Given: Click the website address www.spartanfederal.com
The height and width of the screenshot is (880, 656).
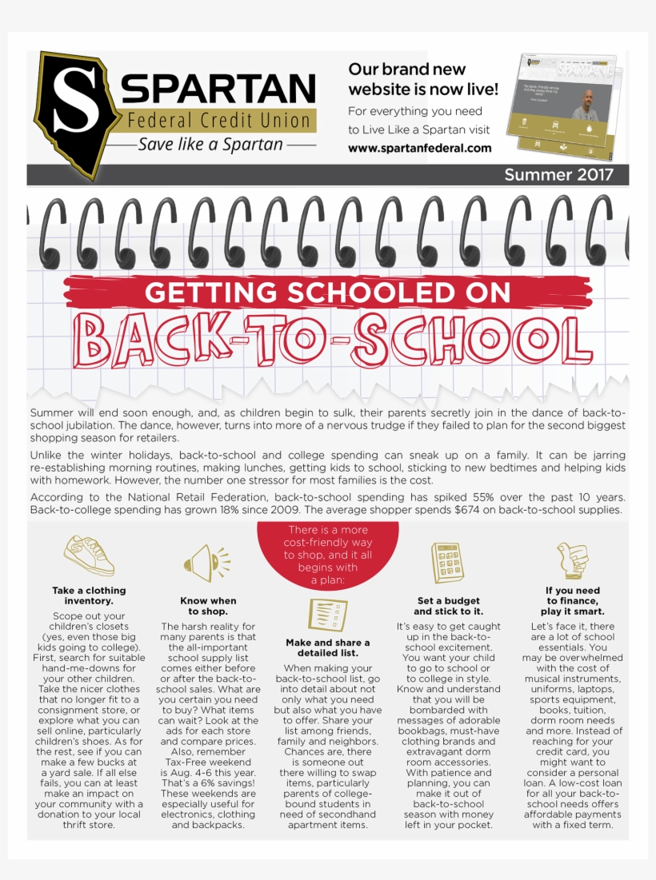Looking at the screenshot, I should pyautogui.click(x=419, y=148).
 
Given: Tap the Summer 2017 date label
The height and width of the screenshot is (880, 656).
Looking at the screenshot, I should pyautogui.click(x=558, y=175).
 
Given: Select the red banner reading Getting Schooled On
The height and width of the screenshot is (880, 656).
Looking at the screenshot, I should pyautogui.click(x=327, y=293).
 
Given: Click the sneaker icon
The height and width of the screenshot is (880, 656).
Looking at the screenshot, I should pyautogui.click(x=90, y=555).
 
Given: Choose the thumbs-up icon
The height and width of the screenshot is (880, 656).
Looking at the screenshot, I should pyautogui.click(x=571, y=560).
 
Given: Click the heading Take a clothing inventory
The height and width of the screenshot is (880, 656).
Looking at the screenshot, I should pyautogui.click(x=90, y=595).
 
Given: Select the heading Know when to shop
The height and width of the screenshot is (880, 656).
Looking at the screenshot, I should pyautogui.click(x=209, y=606).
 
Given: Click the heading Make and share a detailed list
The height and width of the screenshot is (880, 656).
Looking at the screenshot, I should pyautogui.click(x=328, y=648).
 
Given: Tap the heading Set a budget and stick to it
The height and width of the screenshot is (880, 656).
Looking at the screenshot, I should pyautogui.click(x=448, y=606).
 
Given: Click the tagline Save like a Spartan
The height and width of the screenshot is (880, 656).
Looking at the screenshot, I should pyautogui.click(x=210, y=145).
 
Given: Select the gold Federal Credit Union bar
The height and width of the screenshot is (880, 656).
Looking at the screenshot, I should pyautogui.click(x=218, y=121).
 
